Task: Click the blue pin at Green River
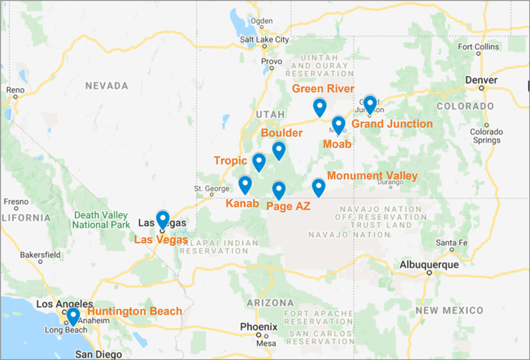[320, 106]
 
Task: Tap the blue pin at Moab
[339, 124]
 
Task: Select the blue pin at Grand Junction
[370, 103]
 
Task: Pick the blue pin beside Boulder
[279, 150]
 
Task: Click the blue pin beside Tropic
[259, 161]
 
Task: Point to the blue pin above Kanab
[245, 184]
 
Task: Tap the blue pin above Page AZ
[279, 190]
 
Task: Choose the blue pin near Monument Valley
[319, 187]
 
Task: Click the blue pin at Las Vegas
[162, 218]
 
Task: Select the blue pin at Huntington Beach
[73, 316]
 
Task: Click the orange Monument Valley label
[372, 176]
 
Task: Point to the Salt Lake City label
[265, 40]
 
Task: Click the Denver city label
[482, 80]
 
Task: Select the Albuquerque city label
[429, 265]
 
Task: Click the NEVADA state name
[107, 86]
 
